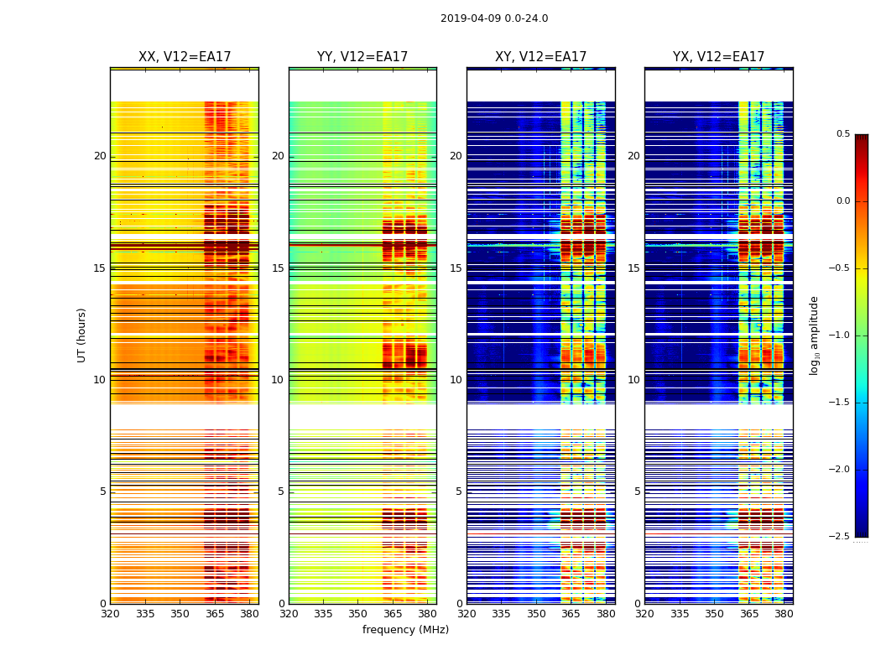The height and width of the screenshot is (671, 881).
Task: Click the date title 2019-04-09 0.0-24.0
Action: pos(494,18)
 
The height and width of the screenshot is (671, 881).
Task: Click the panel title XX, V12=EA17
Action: pos(185,57)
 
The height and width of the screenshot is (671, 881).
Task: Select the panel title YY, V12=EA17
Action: pos(362,57)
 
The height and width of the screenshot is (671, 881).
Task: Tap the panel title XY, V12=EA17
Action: pos(540,57)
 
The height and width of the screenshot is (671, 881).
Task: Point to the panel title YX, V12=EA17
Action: pos(718,57)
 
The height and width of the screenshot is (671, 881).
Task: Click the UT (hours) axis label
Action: pos(82,335)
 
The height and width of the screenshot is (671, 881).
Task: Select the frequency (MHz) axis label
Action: pos(405,630)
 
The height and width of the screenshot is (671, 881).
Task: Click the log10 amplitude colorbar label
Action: pos(814,335)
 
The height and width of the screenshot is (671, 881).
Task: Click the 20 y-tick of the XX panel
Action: pos(101,156)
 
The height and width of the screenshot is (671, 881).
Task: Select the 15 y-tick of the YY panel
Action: pos(279,268)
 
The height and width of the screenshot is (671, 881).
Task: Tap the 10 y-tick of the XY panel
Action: pos(456,380)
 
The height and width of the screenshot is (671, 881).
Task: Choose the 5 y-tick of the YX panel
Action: pos(638,492)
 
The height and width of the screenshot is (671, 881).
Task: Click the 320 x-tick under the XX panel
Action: pos(111,614)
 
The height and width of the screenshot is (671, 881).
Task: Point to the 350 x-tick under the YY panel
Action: pos(358,614)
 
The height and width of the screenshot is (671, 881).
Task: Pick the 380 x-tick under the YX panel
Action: pos(784,614)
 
